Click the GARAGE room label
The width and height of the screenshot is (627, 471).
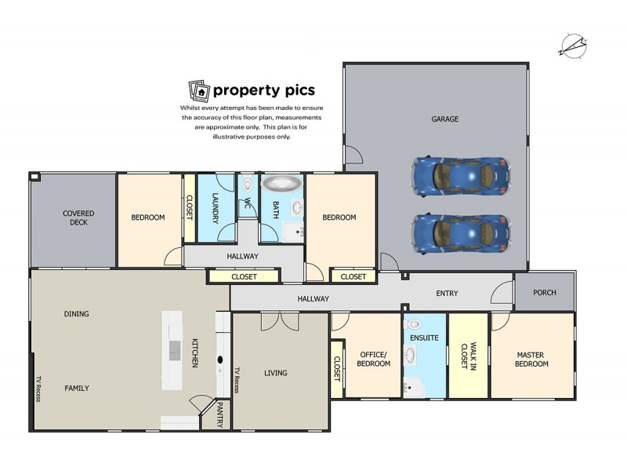click(x=444, y=119)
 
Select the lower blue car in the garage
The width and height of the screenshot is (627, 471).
click(x=461, y=231)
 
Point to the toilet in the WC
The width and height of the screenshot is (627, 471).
click(x=248, y=185)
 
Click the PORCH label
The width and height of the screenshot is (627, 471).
click(x=544, y=293)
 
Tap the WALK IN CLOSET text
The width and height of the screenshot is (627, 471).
click(x=468, y=356)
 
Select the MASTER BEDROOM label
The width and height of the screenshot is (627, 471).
click(x=531, y=359)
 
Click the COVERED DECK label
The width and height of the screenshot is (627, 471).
click(x=78, y=217)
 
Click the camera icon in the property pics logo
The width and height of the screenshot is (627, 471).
click(x=199, y=90)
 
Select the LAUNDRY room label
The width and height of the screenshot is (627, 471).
click(x=214, y=209)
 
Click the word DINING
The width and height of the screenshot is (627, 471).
click(x=76, y=314)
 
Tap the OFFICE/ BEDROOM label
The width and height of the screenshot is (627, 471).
click(x=373, y=359)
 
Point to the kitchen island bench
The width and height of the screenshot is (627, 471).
click(x=172, y=350)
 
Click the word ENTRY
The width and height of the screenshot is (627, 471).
click(x=447, y=294)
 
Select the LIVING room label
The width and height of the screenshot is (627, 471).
click(x=275, y=373)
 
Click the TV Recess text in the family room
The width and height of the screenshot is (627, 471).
click(x=37, y=388)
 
